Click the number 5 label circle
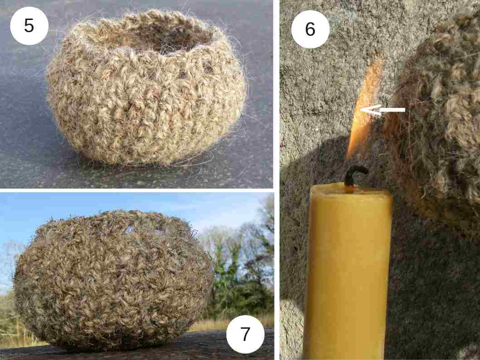click(29, 26)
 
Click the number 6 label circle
click(310, 29)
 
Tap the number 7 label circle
click(245, 334)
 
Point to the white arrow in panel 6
click(382, 110)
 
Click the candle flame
click(364, 110)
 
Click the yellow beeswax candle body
click(348, 272)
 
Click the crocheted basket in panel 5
click(147, 89)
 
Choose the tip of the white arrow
click(360, 110)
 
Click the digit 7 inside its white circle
click(245, 334)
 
